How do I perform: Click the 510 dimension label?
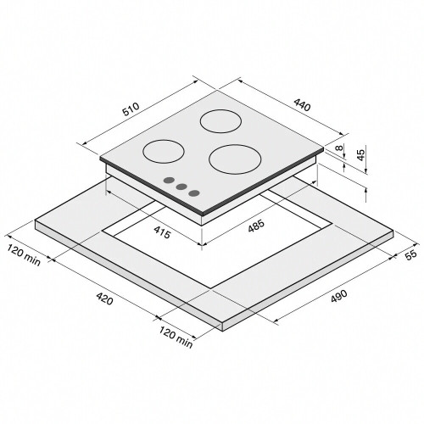coord(131,109)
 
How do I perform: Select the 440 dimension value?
coord(302,104)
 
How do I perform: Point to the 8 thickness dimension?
coord(340,148)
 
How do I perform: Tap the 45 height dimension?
coord(361,155)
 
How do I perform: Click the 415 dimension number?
coord(163,232)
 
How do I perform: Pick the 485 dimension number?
coord(256,226)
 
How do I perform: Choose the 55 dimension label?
coord(410,254)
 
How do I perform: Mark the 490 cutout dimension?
coord(338,296)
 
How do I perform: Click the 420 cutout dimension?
coord(104,298)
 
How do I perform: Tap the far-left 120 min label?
coord(24,255)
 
